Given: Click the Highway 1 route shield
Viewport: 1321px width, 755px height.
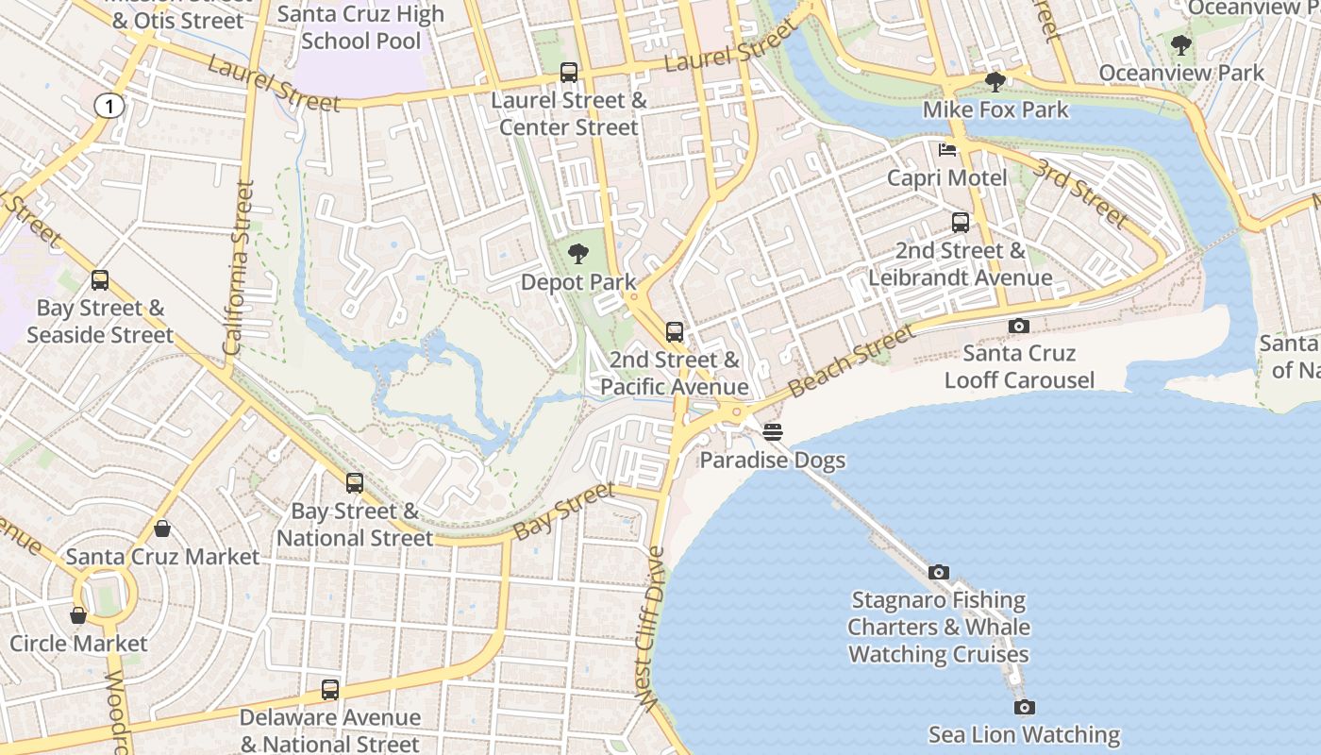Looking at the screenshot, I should click(x=109, y=107).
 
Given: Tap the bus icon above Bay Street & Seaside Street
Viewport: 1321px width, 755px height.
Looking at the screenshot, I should click(x=100, y=280).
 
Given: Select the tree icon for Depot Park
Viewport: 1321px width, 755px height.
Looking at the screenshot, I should click(x=578, y=254).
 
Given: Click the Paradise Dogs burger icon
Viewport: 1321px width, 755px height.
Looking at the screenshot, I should click(x=773, y=432).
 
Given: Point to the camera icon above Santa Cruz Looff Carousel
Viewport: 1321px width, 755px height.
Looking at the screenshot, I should click(x=1019, y=326).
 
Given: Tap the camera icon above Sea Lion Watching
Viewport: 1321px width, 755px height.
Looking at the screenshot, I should click(x=1025, y=707).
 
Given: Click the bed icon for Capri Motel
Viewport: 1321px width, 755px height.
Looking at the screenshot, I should click(x=947, y=150).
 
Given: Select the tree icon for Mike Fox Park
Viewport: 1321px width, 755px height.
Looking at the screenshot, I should click(x=995, y=82).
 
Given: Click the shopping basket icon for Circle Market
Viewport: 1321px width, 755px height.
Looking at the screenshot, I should click(x=78, y=615).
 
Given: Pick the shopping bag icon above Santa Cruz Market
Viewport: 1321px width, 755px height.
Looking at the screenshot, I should click(x=162, y=528).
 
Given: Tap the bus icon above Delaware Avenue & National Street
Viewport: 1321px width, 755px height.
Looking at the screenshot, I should click(x=329, y=690).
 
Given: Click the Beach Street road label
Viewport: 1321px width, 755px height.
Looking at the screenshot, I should click(x=851, y=361).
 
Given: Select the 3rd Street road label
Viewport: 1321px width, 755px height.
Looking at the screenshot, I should click(x=1079, y=193).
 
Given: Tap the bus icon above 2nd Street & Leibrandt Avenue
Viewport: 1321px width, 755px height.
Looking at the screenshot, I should click(x=960, y=223).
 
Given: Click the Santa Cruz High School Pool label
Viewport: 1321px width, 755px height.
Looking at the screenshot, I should click(x=361, y=27).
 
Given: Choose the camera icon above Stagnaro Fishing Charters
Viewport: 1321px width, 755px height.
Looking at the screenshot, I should click(x=938, y=572).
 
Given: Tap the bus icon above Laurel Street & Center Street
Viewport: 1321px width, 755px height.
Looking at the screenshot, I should click(x=569, y=73).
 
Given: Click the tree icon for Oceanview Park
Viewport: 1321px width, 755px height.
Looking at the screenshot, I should click(x=1180, y=44).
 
